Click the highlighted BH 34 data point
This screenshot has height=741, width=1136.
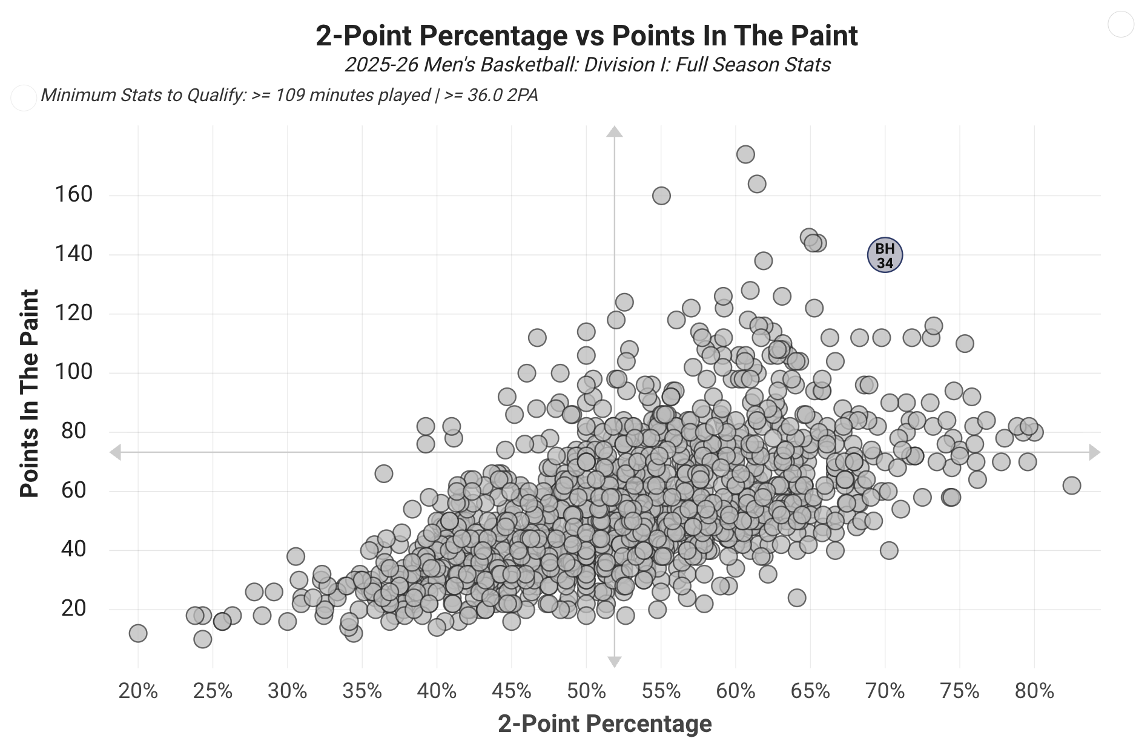coord(885,255)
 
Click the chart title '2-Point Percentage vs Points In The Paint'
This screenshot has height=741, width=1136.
coord(586,36)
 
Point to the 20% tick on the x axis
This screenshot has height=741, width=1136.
coord(138,691)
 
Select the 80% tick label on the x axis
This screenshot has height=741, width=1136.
coord(1034,691)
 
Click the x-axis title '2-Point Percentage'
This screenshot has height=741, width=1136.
coord(604,723)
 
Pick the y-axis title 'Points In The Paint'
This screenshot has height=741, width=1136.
coord(29,394)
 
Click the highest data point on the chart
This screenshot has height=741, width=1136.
coord(745,154)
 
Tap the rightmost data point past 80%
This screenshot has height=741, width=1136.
coord(1071,486)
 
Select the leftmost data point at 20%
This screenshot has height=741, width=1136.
coord(138,633)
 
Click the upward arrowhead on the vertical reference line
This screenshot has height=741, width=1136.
coord(615,131)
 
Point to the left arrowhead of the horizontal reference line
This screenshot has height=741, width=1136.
coord(115,452)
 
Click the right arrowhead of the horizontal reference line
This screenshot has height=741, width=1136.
coord(1094,452)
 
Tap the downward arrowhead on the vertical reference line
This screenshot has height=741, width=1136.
coord(615,662)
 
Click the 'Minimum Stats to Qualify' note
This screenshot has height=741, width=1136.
coord(289,96)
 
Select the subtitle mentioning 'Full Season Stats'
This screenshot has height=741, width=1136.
coord(587,65)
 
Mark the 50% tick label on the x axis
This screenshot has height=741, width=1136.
coord(586,691)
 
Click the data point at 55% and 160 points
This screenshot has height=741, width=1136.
coord(661,196)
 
